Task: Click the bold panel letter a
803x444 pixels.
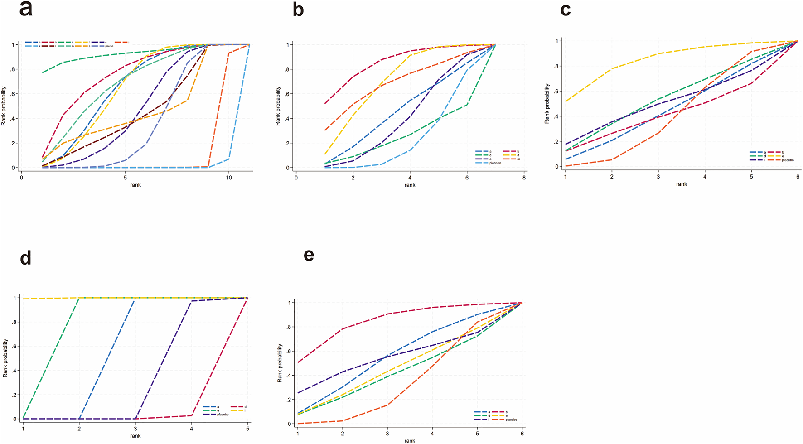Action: pyautogui.click(x=26, y=9)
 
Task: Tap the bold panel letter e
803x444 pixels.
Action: pyautogui.click(x=309, y=255)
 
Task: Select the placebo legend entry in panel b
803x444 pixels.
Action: pyautogui.click(x=495, y=163)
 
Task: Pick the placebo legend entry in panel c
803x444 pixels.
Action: pyautogui.click(x=788, y=160)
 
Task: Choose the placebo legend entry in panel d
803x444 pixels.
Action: pyautogui.click(x=223, y=415)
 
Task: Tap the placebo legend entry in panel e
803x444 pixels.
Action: pyautogui.click(x=511, y=420)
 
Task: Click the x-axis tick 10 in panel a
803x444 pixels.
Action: pyautogui.click(x=229, y=178)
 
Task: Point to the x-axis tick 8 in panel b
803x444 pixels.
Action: pyautogui.click(x=524, y=178)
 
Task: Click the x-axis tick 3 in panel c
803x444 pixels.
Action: pyautogui.click(x=658, y=176)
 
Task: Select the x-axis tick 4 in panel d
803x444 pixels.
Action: pyautogui.click(x=191, y=428)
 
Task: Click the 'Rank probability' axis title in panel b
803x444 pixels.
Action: pyautogui.click(x=278, y=106)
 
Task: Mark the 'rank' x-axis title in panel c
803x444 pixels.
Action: pyautogui.click(x=682, y=184)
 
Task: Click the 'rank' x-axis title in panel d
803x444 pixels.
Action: pyautogui.click(x=135, y=436)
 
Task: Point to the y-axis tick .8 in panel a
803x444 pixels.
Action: pyautogui.click(x=14, y=69)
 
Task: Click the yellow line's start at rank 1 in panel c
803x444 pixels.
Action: pyautogui.click(x=566, y=101)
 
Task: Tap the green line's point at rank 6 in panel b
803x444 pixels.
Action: pyautogui.click(x=467, y=105)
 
